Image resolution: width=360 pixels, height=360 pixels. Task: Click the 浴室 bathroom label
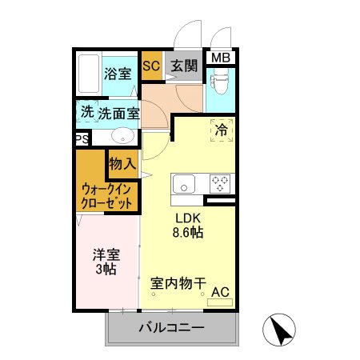(x=118, y=74)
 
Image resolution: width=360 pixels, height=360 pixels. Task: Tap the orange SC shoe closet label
(x=151, y=67)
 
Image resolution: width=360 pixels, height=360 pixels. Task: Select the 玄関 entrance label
(x=184, y=67)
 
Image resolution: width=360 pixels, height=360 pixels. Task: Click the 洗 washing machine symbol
(x=86, y=112)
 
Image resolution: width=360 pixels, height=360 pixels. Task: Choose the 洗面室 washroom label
(x=119, y=114)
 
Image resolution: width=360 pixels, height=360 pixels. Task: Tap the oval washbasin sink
(x=122, y=135)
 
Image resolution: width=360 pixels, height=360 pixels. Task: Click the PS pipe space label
(x=82, y=139)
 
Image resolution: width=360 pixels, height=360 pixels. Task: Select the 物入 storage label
(x=122, y=164)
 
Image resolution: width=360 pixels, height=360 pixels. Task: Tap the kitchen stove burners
(x=220, y=184)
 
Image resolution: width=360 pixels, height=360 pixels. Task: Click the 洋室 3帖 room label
(x=106, y=262)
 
